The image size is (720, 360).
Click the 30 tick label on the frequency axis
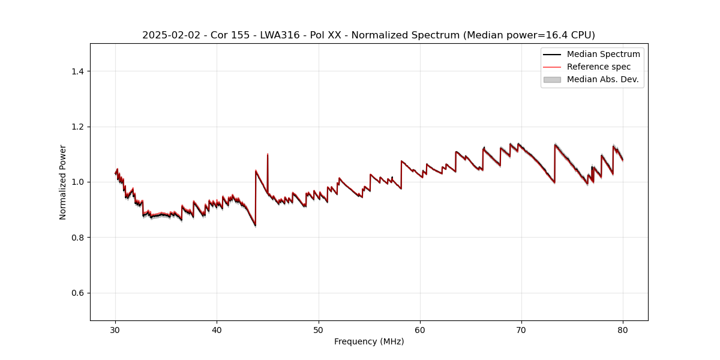115,329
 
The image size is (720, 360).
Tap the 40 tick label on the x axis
217,329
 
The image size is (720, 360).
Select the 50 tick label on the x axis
319,329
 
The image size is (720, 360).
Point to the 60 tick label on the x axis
420,329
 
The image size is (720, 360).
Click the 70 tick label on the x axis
521,329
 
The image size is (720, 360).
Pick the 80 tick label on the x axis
623,329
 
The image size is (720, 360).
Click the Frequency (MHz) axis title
369,341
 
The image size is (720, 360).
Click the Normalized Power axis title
63,182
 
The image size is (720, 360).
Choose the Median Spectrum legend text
603,54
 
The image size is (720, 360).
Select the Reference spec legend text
599,67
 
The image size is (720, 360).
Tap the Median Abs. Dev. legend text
602,79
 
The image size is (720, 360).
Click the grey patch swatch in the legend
552,79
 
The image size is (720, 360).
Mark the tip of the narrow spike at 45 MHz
268,154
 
